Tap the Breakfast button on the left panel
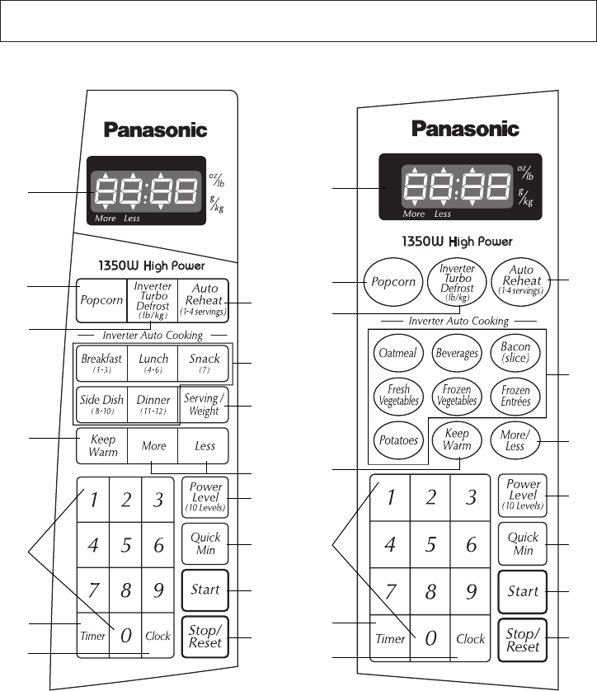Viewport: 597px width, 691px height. (101, 363)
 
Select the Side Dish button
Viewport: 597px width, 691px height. (101, 404)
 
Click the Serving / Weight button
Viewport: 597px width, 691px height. (204, 405)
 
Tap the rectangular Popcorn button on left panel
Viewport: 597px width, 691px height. (101, 300)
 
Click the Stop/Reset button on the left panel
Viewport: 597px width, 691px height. (204, 637)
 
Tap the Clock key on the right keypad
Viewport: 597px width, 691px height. (471, 638)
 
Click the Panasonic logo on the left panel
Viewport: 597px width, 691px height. (155, 129)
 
